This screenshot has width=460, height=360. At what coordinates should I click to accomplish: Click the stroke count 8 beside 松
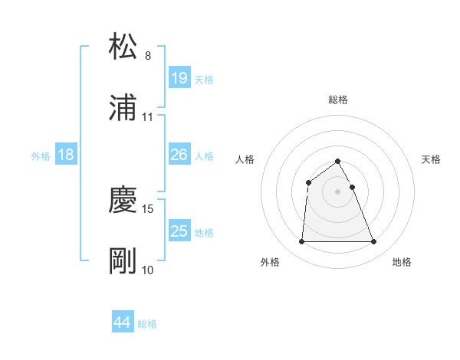[x=148, y=56]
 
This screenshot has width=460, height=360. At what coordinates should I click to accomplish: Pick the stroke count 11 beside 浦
[x=148, y=117]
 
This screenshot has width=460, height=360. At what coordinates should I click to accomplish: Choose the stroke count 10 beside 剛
[x=148, y=270]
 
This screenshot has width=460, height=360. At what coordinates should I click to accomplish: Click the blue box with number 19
[x=179, y=78]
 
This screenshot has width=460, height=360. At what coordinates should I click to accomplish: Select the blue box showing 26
[x=179, y=155]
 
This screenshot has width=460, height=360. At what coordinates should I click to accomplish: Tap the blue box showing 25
[x=179, y=231]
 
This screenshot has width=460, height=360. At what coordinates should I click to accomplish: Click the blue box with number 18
[x=66, y=155]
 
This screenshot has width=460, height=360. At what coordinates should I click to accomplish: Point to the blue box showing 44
[x=123, y=322]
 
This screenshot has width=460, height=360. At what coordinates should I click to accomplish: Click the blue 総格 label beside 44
[x=148, y=324]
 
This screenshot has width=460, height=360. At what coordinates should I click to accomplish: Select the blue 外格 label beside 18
[x=41, y=156]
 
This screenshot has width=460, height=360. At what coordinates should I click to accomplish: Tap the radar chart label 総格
[x=338, y=100]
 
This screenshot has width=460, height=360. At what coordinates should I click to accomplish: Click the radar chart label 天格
[x=432, y=159]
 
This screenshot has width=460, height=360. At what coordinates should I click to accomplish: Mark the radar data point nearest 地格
[x=374, y=242]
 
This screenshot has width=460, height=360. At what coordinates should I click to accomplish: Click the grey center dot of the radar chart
[x=338, y=191]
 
